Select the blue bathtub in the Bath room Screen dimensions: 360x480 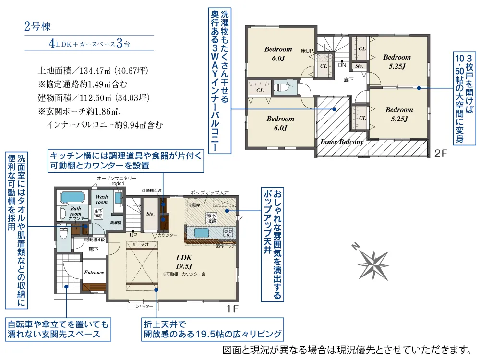click(x=71, y=198)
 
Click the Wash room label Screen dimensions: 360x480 click(x=102, y=199)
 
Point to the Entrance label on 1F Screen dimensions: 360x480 click(x=94, y=272)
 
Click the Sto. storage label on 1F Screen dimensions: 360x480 click(x=150, y=214)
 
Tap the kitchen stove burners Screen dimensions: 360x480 click(x=228, y=233)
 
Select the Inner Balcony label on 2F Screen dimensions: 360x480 click(x=342, y=142)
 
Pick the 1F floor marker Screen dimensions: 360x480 click(x=232, y=309)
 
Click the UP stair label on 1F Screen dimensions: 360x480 click(x=133, y=235)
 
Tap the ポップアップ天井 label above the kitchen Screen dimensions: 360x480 click(x=210, y=192)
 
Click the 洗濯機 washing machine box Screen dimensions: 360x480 click(x=115, y=223)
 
